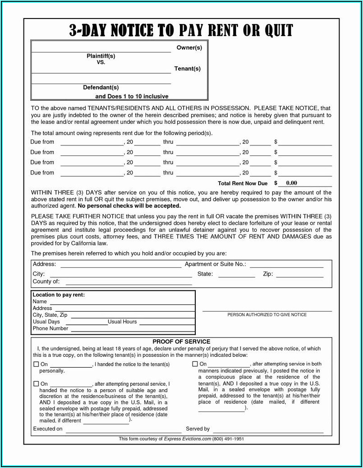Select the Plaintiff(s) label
[101, 56]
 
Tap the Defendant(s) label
[101, 87]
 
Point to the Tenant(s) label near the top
[187, 69]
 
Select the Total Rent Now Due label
[243, 183]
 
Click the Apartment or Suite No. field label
[215, 264]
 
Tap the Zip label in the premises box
[268, 274]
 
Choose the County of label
[46, 281]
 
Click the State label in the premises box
[205, 274]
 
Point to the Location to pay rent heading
[59, 295]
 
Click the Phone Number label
[51, 328]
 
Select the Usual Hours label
[122, 322]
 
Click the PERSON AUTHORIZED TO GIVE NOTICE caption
[267, 314]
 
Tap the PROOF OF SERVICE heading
[181, 342]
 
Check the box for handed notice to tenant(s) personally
[36, 364]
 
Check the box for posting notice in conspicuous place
[195, 364]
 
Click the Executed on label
[48, 429]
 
